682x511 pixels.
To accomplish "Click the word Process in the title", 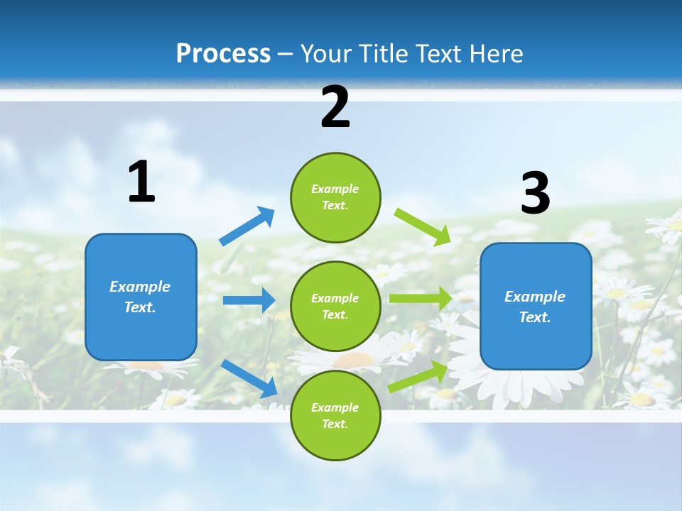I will (223, 54).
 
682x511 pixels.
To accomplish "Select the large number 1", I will (141, 182).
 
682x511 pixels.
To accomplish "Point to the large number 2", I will (335, 107).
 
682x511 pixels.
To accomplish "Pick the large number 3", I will (535, 194).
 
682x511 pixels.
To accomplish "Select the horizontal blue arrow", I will (249, 300).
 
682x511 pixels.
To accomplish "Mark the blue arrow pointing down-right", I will (249, 378).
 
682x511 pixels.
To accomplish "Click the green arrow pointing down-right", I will (423, 226).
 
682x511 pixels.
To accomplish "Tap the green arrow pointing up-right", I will (418, 377).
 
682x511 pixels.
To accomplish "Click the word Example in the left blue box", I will (140, 287).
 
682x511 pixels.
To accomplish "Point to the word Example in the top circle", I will (335, 189).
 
